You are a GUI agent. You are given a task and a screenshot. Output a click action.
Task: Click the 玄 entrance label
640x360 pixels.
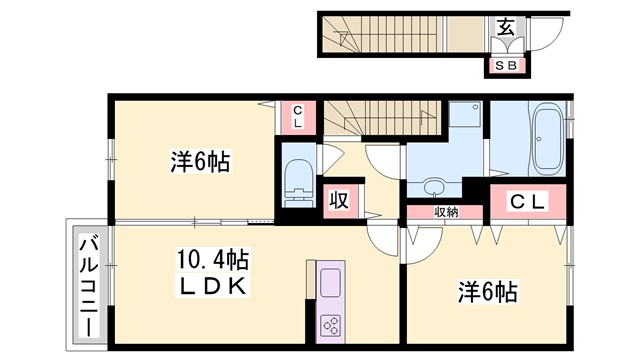coord(507,28)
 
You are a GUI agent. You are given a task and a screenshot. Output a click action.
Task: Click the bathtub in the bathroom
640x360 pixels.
coord(546,140)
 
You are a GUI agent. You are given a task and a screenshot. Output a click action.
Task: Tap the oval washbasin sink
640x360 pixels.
coord(435,187)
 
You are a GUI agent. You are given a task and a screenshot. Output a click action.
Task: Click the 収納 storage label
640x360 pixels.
coord(446,211)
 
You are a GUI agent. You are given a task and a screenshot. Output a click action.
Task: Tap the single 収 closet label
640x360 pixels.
coord(338,198)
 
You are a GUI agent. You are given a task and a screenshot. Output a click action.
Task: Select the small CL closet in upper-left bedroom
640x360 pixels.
coord(297,117)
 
